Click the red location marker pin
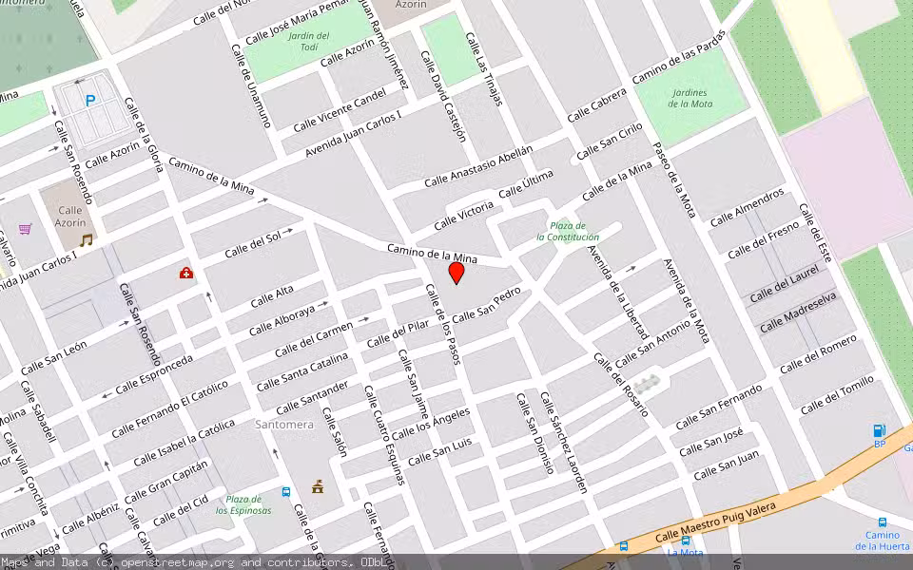click(456, 273)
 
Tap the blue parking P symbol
click(90, 100)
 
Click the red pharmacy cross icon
click(186, 274)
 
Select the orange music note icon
click(86, 240)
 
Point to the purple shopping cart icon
click(25, 229)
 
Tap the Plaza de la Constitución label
click(568, 231)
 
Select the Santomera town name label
click(283, 425)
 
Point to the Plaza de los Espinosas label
click(243, 504)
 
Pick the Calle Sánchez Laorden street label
click(564, 442)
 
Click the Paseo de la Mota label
click(674, 180)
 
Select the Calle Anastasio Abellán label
click(478, 165)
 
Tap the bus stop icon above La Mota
click(686, 541)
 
